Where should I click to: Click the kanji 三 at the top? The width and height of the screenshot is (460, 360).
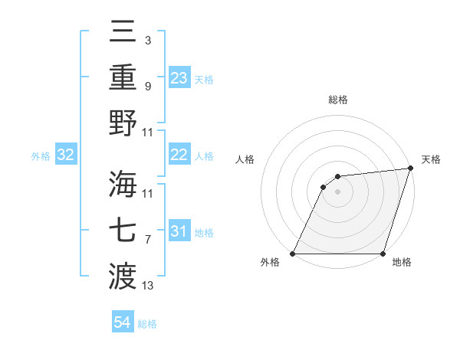pos(123,33)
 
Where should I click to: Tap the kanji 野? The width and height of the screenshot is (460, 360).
pos(123,123)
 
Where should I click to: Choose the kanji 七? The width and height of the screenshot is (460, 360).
pos(123,229)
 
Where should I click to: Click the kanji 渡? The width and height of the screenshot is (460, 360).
pos(123,273)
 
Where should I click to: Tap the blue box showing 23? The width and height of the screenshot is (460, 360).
pos(179,77)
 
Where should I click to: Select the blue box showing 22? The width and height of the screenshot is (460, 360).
pos(179,155)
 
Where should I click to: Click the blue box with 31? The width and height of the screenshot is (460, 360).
pos(179,231)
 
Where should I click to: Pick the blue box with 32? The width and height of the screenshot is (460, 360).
pos(65,155)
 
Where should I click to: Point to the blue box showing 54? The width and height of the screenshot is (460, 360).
pos(122,322)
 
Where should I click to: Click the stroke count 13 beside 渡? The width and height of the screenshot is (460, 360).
pos(148,286)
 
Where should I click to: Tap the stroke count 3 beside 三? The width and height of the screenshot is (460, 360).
pos(147,39)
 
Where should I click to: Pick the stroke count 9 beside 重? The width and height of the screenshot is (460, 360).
pos(147,86)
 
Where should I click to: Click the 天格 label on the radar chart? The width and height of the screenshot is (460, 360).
pos(432,159)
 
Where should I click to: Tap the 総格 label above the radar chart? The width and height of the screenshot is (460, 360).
pos(338,100)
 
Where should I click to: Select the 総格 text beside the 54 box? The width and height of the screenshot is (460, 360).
pos(147,324)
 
